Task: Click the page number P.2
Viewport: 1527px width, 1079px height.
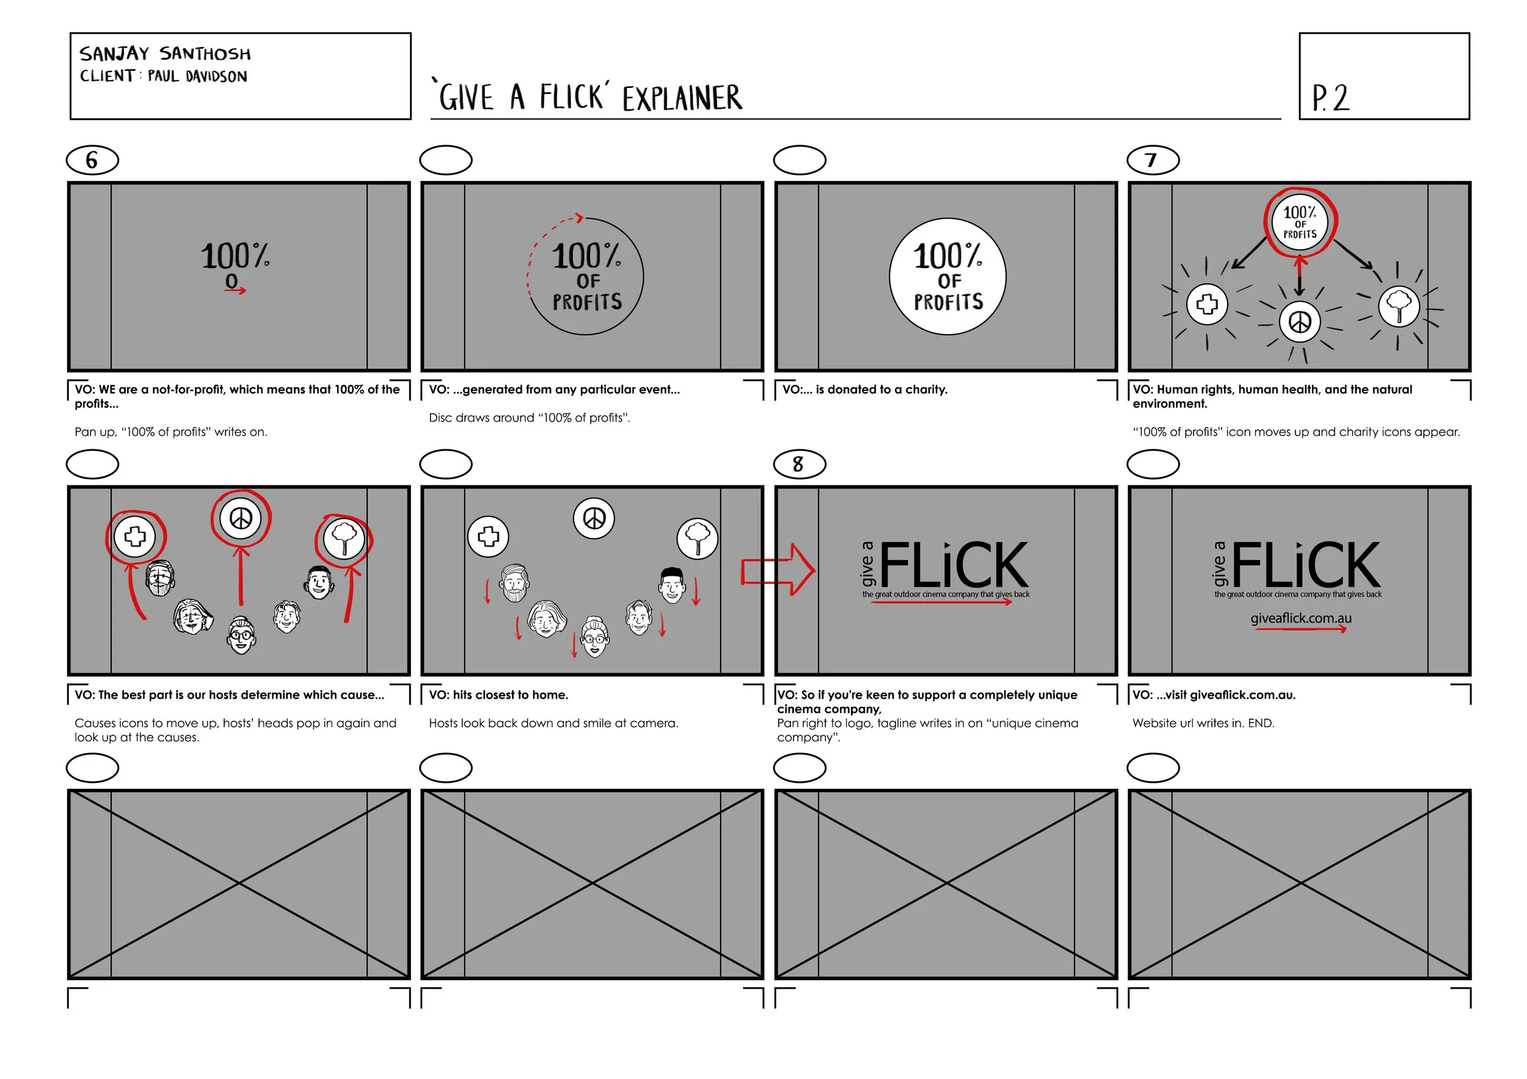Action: [1330, 98]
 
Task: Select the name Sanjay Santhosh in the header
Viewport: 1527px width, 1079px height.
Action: [165, 53]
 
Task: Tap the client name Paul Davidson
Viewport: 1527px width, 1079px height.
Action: [197, 76]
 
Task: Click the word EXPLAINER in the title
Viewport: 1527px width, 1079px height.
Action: [682, 98]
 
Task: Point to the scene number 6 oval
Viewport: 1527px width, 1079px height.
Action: [92, 160]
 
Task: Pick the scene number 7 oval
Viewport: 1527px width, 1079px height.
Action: [1153, 160]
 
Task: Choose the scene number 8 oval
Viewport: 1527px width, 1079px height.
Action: [800, 464]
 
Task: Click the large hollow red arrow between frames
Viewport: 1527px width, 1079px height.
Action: [778, 570]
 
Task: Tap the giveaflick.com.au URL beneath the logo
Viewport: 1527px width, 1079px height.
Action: [1300, 619]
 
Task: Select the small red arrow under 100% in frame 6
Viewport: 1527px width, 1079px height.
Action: [235, 291]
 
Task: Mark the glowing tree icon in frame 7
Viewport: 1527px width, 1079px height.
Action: [1399, 306]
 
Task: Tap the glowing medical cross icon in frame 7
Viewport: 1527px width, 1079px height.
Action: [1206, 305]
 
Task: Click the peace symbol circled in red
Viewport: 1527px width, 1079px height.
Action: [241, 518]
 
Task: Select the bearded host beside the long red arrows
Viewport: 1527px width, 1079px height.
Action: [159, 578]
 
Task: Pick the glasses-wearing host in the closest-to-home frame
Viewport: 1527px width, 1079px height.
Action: [594, 636]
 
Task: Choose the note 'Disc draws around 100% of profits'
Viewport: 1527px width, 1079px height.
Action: [529, 418]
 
